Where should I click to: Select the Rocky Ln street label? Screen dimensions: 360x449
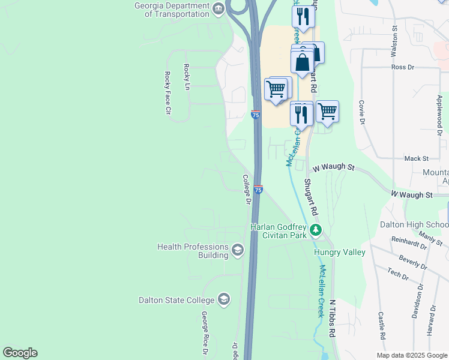[187, 76]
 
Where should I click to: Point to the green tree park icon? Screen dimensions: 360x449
[316, 230]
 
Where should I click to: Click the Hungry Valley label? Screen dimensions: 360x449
[340, 253]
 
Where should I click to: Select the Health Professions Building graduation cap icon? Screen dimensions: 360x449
[238, 250]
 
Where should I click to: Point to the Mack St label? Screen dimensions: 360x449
[416, 158]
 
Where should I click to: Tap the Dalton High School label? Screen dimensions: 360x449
[414, 225]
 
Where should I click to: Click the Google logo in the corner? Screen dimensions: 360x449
[20, 353]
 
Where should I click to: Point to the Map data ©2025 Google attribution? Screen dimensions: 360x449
[411, 355]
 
